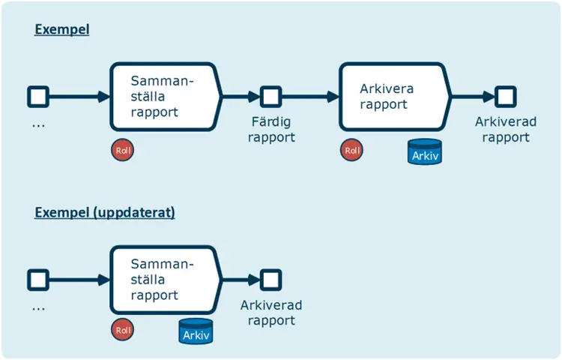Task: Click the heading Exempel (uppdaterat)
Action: (105, 212)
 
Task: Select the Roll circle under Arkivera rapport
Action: (351, 150)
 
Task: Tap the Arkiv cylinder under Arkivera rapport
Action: (424, 153)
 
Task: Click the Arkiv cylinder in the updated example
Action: (196, 331)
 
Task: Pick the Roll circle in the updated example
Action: (122, 329)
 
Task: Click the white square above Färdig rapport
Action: (270, 97)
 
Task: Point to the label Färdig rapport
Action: (271, 129)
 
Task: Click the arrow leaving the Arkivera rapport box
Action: (473, 97)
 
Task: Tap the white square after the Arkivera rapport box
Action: (505, 97)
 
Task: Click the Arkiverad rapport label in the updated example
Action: (271, 313)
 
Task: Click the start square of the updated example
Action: (38, 280)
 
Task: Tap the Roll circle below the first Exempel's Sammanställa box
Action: (122, 149)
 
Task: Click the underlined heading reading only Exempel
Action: (63, 30)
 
